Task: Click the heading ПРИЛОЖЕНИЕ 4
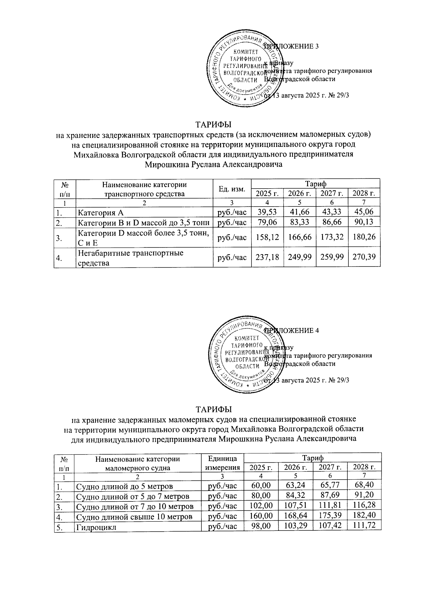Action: (291, 331)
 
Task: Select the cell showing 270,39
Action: (363, 257)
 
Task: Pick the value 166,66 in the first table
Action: (299, 237)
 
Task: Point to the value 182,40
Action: (363, 516)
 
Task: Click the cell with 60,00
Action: (260, 486)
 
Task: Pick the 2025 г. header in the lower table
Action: (260, 467)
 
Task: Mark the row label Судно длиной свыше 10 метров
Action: (134, 516)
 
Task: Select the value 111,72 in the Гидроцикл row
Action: (363, 526)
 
